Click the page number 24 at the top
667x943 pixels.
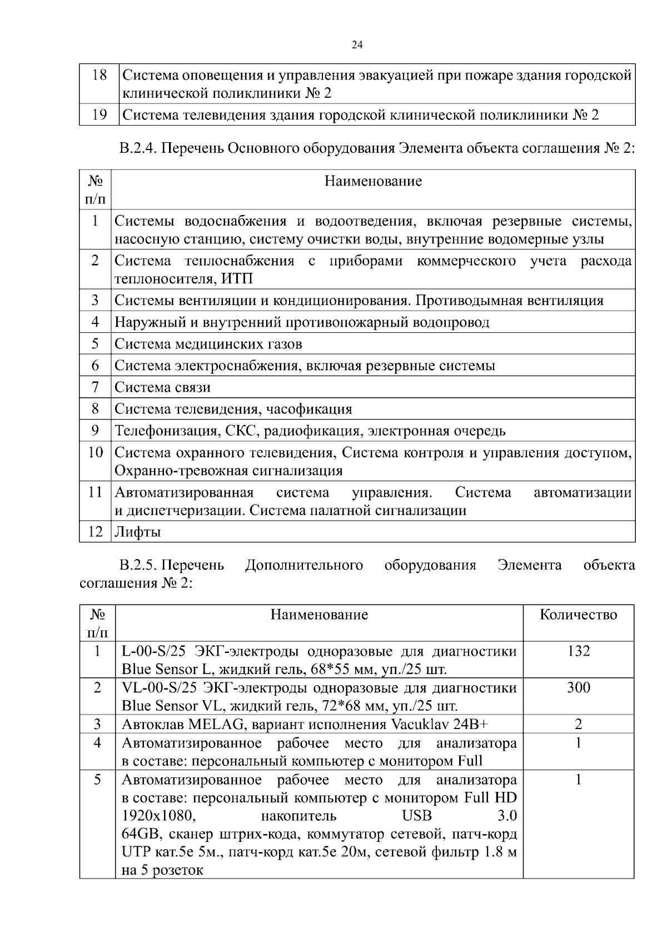pyautogui.click(x=357, y=46)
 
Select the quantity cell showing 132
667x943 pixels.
pyautogui.click(x=578, y=651)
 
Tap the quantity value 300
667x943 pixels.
pyautogui.click(x=578, y=687)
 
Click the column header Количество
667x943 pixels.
pyautogui.click(x=578, y=615)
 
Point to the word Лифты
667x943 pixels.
pyautogui.click(x=137, y=532)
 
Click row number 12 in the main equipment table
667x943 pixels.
pyautogui.click(x=96, y=532)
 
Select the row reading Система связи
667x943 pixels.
pyautogui.click(x=162, y=387)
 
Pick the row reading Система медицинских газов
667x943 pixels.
pyautogui.click(x=208, y=344)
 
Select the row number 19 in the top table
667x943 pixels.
pyautogui.click(x=99, y=115)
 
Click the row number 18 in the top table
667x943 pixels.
pyautogui.click(x=99, y=75)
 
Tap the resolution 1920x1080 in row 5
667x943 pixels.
pyautogui.click(x=158, y=816)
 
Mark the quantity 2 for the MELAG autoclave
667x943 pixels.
pyautogui.click(x=578, y=724)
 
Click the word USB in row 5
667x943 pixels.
pyautogui.click(x=416, y=816)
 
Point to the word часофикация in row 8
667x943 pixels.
pyautogui.click(x=309, y=410)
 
